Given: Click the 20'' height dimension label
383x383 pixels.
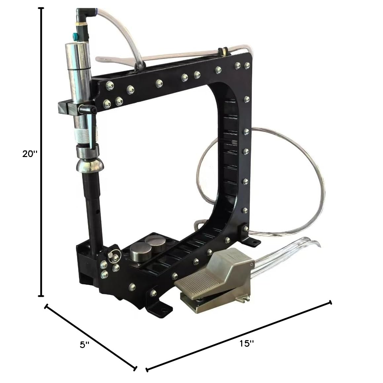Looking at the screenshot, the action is pos(30,154).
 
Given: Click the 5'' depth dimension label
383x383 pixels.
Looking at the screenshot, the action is pos(85,345).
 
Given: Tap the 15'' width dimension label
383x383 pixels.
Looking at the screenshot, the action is pos(247,343).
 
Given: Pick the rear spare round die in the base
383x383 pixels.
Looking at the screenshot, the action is pos(154,243).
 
